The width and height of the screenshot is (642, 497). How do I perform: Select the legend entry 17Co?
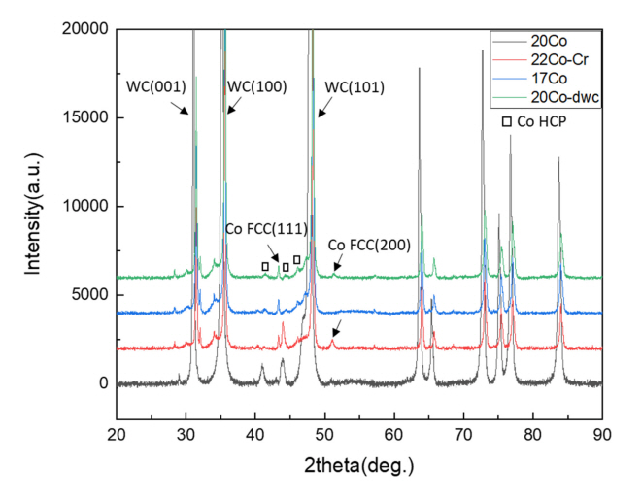546,79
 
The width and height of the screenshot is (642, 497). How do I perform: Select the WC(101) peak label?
355,87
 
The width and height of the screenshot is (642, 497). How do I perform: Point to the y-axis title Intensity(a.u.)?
34,208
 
